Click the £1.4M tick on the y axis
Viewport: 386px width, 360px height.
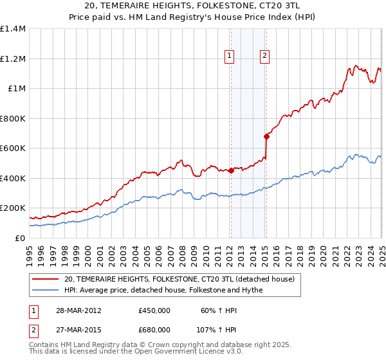(x=13, y=29)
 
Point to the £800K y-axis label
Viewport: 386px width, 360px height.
(x=13, y=118)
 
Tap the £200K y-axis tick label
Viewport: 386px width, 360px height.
(x=13, y=208)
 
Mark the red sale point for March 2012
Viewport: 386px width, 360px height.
(x=230, y=170)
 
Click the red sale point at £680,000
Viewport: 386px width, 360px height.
(x=266, y=136)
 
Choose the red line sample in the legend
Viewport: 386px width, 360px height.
(x=46, y=279)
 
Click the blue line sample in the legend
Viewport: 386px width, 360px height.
(x=46, y=289)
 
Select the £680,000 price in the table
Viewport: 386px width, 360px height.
(x=154, y=329)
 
